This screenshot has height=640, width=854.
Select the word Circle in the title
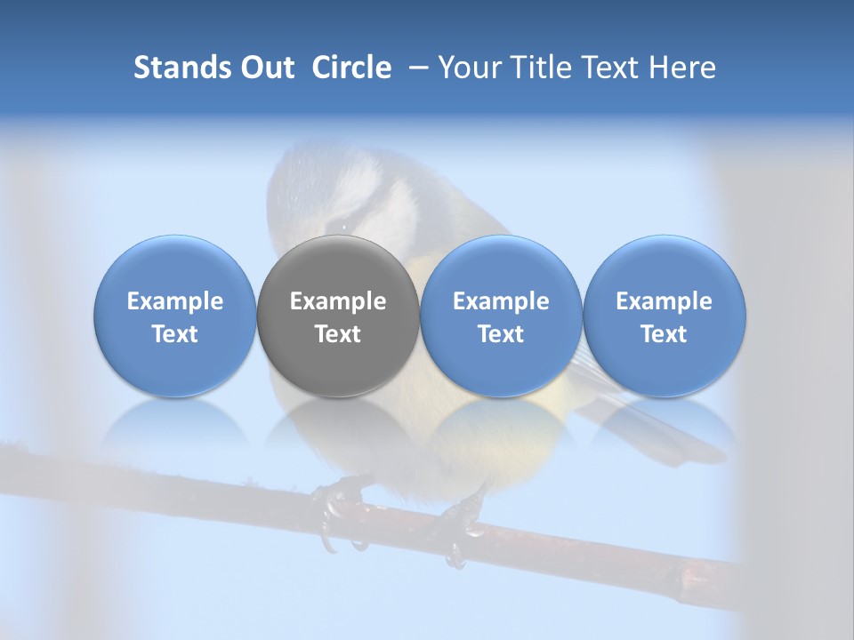[351, 68]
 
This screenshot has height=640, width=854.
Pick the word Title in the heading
[550, 68]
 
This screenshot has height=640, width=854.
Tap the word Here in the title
[682, 68]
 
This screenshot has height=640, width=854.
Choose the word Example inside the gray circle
[338, 301]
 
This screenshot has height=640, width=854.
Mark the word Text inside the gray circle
[338, 334]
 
